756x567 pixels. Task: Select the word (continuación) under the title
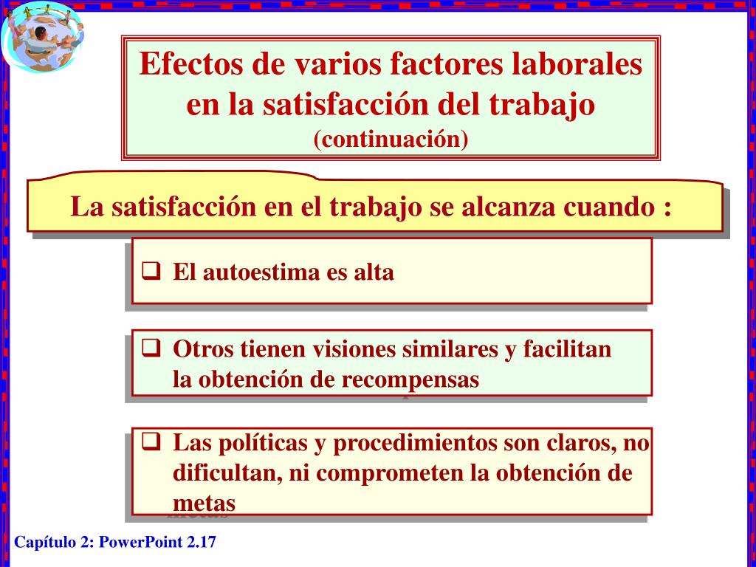(x=391, y=139)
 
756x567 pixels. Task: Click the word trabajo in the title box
(x=542, y=104)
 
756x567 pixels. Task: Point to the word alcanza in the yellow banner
(x=509, y=207)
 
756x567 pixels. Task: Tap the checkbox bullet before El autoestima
(x=151, y=270)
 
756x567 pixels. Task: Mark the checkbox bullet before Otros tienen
(x=151, y=347)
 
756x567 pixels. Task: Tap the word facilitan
(x=568, y=348)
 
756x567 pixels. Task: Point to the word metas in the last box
(x=204, y=504)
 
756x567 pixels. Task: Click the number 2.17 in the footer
(x=202, y=543)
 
